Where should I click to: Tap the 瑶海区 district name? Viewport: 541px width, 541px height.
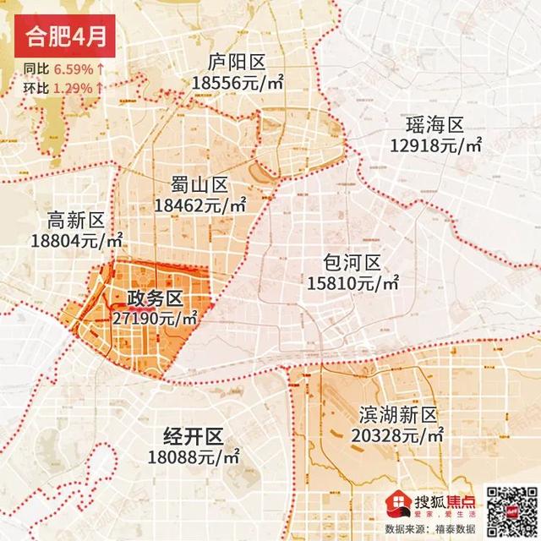coord(435,126)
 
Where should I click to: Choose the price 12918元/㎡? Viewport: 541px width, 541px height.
coord(435,146)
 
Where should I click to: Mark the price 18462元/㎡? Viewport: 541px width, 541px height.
coord(200,205)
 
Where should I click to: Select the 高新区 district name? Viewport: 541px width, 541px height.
coord(76,221)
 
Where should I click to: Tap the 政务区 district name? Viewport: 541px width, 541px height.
coord(155,299)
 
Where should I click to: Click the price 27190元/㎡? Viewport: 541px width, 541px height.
coord(155,319)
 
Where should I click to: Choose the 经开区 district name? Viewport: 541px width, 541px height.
coord(193,437)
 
